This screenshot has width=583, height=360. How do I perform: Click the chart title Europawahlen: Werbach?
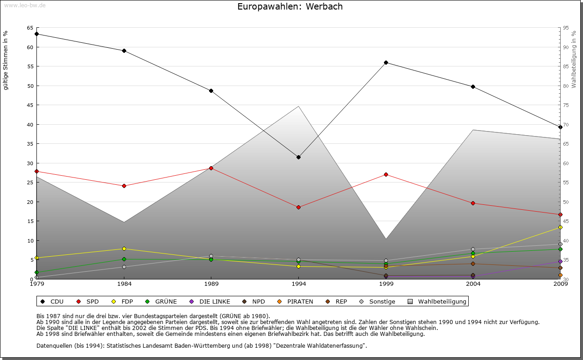[x=290, y=7]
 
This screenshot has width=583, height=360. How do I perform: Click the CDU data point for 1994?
[x=298, y=157]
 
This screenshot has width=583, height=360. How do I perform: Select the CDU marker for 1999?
[x=386, y=62]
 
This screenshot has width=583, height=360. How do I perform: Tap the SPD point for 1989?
[x=211, y=168]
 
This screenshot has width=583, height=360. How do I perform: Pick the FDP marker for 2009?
[x=560, y=227]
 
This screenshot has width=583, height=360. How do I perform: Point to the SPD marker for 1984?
[x=124, y=186]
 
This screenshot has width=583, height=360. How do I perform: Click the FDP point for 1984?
[x=124, y=248]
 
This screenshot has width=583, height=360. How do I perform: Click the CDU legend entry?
[x=53, y=301]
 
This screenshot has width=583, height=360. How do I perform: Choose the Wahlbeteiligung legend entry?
[x=437, y=301]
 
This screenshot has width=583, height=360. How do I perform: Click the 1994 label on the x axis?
[x=298, y=284]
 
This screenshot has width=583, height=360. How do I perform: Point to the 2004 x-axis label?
[x=473, y=284]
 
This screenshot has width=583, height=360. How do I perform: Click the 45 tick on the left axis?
[x=30, y=105]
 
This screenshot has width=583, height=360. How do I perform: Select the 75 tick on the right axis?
[x=566, y=105]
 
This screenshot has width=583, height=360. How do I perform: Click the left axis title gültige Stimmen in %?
[x=6, y=60]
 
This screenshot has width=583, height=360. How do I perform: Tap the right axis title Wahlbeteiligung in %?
[x=574, y=59]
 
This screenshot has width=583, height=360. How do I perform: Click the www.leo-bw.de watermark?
[x=24, y=5]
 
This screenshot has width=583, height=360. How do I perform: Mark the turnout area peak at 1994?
[x=298, y=106]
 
